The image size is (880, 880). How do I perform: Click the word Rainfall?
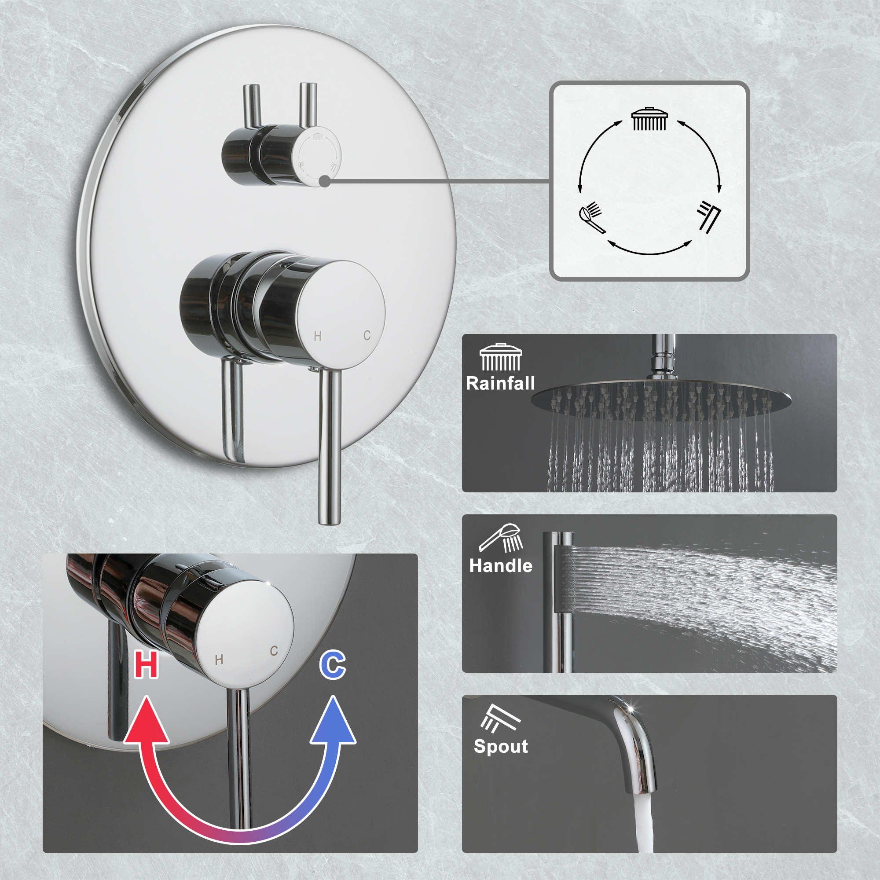coord(500,384)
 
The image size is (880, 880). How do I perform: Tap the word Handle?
coord(501,566)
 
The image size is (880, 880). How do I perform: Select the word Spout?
coord(501,746)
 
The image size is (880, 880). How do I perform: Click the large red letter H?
coord(146,665)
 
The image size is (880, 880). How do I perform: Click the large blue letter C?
coord(333,665)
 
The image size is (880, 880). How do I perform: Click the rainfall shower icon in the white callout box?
coord(649,119)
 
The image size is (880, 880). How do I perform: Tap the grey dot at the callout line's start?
coord(324,181)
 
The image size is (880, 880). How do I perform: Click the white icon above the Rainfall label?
coord(501,357)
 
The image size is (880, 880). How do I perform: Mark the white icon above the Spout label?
coord(500,719)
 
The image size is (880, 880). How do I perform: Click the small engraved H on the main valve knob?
coord(318,336)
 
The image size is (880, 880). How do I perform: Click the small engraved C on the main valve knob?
coord(367,336)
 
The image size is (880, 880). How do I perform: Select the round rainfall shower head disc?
coord(660,395)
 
